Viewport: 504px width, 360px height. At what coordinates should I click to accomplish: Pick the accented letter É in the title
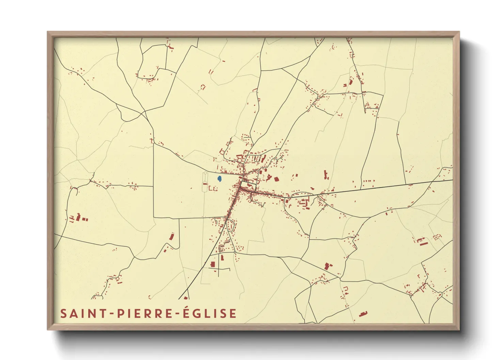click(186, 313)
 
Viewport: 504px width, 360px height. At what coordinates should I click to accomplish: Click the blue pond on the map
click(220, 178)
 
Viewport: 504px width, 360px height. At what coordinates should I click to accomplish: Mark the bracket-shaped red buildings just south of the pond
click(212, 188)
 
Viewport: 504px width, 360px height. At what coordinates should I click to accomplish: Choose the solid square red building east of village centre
click(276, 178)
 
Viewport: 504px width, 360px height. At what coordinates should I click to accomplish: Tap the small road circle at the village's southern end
click(235, 252)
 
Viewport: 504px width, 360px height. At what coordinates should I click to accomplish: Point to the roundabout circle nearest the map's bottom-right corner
click(440, 294)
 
